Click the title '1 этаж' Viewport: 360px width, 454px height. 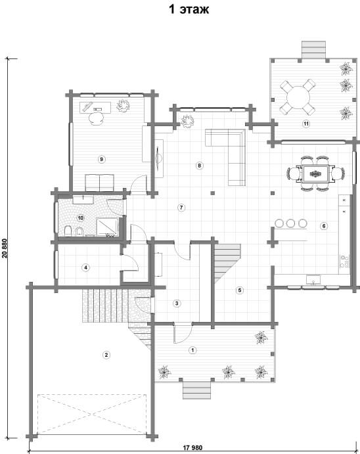click(x=189, y=10)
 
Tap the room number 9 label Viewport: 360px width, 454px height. click(x=101, y=159)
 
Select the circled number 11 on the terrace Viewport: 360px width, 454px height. click(x=306, y=124)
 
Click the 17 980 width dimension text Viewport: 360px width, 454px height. click(x=192, y=447)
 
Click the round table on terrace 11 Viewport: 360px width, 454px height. click(x=298, y=97)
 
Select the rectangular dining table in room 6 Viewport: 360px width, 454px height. click(x=315, y=173)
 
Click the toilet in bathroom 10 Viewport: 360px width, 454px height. click(x=68, y=231)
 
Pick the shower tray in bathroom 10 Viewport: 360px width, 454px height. click(x=107, y=227)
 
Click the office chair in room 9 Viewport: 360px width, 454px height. click(x=96, y=118)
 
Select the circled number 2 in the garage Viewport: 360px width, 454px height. click(x=106, y=355)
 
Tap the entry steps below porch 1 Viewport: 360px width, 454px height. click(x=196, y=390)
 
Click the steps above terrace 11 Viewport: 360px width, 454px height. click(x=314, y=50)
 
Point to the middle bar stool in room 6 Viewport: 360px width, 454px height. click(x=290, y=223)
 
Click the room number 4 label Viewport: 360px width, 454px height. click(x=85, y=267)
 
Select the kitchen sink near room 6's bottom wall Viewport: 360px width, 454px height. click(x=313, y=280)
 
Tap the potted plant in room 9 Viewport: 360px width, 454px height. click(x=123, y=106)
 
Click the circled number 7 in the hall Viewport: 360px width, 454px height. click(x=181, y=208)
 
